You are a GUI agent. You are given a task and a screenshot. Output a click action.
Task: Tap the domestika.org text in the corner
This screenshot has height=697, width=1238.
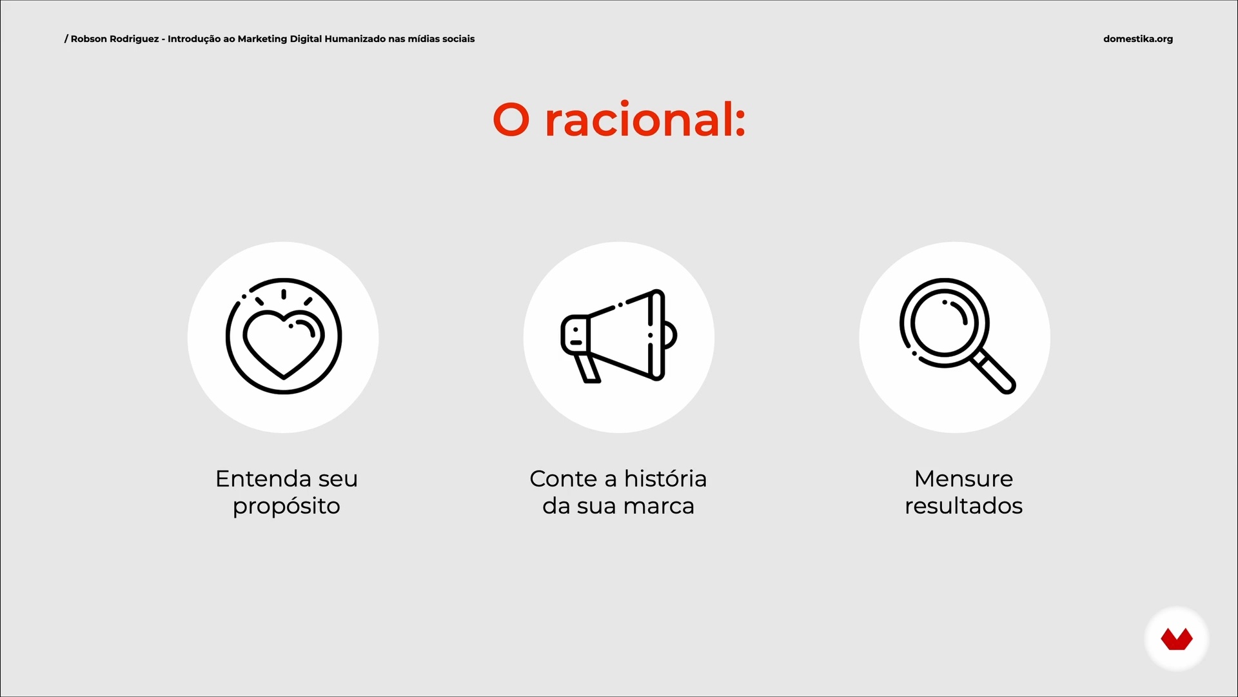click(x=1138, y=39)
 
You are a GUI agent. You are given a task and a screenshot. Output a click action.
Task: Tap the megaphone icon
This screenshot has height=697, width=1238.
click(x=619, y=336)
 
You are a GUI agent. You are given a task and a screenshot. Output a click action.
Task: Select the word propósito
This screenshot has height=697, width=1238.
click(x=286, y=507)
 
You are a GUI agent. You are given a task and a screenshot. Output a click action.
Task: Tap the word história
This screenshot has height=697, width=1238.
click(x=665, y=478)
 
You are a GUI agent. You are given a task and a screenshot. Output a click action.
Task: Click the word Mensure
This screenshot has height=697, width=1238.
click(x=963, y=479)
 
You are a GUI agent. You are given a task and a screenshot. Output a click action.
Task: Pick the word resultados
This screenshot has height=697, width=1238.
click(x=963, y=506)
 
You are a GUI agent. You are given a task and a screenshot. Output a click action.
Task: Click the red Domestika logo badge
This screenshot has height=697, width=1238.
click(x=1177, y=639)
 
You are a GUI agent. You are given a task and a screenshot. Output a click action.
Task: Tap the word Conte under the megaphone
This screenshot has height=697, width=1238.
click(x=564, y=479)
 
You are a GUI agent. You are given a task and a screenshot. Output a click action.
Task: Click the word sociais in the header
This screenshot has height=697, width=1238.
click(x=458, y=39)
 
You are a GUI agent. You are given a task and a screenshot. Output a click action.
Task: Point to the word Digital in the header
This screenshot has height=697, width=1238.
click(x=306, y=39)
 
